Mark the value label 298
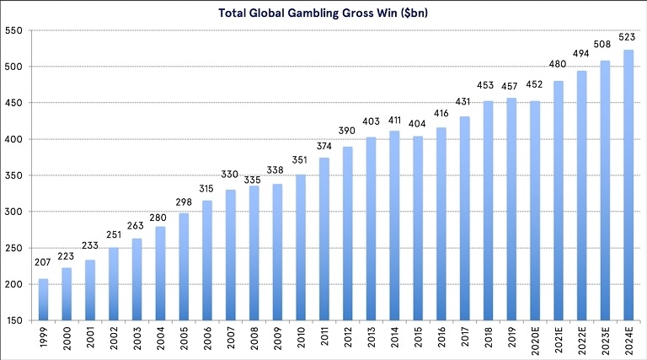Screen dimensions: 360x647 click(x=183, y=205)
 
